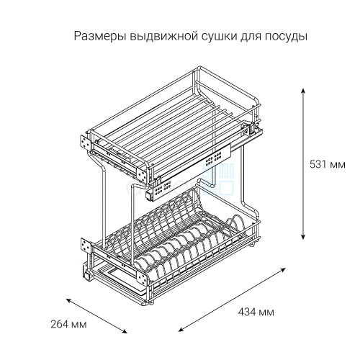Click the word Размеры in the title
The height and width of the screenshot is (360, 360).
point(100,37)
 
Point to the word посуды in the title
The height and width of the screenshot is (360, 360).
point(286,37)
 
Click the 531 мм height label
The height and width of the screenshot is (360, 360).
point(328,165)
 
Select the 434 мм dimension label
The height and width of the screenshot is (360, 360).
point(256,312)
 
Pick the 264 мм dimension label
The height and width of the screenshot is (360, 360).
point(68,325)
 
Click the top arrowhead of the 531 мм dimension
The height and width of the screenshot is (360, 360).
point(303,91)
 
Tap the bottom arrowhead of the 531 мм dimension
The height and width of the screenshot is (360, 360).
point(303,237)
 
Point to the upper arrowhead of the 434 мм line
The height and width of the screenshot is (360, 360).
point(284,269)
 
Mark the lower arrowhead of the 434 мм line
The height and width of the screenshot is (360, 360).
point(181,329)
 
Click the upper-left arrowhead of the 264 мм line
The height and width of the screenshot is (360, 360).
point(69,300)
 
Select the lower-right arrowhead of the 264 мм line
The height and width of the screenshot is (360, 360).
point(125,332)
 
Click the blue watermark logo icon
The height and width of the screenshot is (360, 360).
point(217,179)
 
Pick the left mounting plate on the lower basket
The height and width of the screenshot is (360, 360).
point(86,246)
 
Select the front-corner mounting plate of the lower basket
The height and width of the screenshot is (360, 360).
point(142,279)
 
